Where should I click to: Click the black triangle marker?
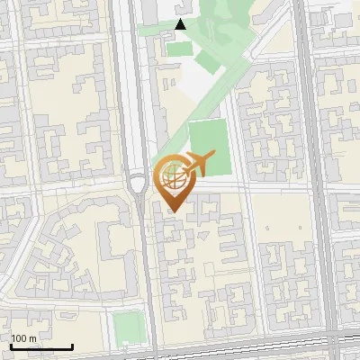click(181, 25)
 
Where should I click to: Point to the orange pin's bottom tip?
click(175, 211)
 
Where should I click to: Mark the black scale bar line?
click(41, 347)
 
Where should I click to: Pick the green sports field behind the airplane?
click(209, 144)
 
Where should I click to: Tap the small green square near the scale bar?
click(129, 328)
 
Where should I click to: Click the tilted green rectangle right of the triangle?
click(208, 62)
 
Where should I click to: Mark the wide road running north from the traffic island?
click(135, 90)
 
